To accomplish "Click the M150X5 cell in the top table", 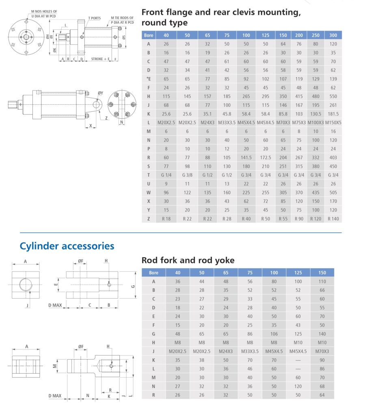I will coord(333,122).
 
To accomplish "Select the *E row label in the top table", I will coord(148,79).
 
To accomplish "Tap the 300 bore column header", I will coord(333,35).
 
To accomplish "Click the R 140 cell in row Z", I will coord(333,219).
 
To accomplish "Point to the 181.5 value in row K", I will coord(333,114).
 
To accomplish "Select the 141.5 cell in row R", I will coord(246,157).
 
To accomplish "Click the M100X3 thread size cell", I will coord(315,122).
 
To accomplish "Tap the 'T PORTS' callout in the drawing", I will coord(95,18).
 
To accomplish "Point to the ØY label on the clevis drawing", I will coord(100,93).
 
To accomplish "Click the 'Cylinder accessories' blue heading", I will coord(67,246).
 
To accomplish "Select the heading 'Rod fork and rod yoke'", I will coord(188,260).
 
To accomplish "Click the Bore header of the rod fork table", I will coord(153,273).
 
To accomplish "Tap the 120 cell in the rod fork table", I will coord(298,386).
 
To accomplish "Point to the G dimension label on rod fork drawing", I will coord(132,287).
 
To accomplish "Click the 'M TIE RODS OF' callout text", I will coord(123,18).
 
